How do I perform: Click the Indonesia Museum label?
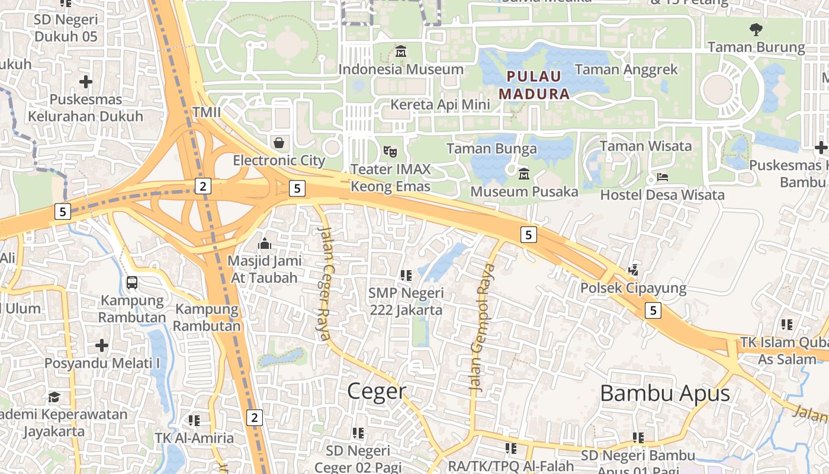(400, 69)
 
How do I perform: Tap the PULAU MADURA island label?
(534, 85)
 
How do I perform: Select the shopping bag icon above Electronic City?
(278, 143)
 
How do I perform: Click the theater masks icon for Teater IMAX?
(389, 152)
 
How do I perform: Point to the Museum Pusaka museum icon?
(524, 174)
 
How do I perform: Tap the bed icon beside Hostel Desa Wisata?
(662, 177)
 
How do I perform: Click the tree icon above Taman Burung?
(756, 29)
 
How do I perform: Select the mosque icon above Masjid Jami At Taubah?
(264, 244)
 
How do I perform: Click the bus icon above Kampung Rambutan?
(131, 283)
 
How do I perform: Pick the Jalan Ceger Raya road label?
(325, 283)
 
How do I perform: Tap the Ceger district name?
(377, 391)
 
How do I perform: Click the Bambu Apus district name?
(664, 393)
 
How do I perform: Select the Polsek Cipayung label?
(633, 289)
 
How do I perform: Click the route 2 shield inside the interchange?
(203, 187)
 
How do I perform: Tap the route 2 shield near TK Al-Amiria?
(255, 417)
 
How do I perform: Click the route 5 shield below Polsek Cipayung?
(653, 310)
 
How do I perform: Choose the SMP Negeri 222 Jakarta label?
(406, 301)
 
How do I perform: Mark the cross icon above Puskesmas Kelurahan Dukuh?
(86, 81)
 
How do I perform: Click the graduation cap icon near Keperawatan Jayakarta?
(54, 396)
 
